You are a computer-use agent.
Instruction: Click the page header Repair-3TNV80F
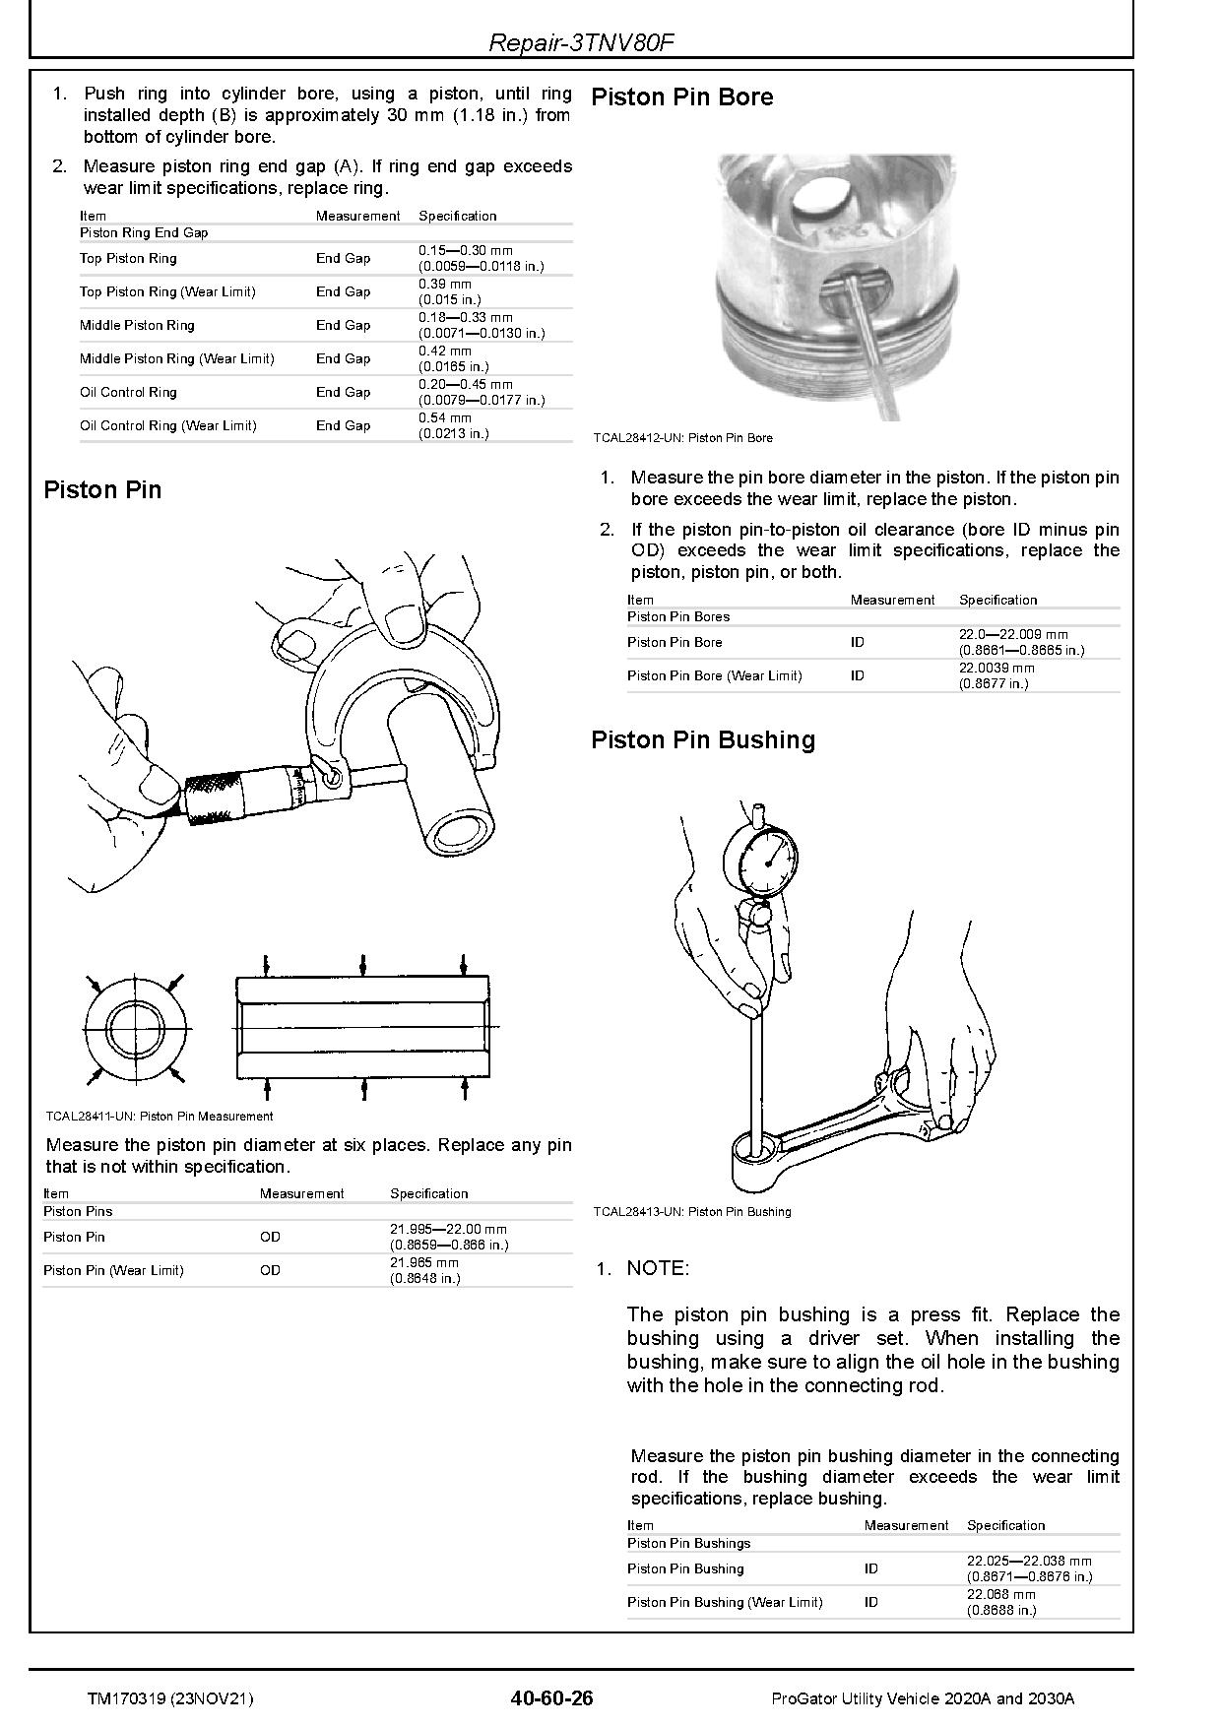pos(581,42)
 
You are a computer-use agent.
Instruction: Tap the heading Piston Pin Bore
pos(681,96)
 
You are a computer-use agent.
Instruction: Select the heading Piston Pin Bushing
pos(702,739)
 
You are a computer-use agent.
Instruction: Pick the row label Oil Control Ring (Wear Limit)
pos(167,425)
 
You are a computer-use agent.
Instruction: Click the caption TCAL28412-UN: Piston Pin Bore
pos(682,438)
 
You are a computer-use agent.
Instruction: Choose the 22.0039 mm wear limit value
pos(996,668)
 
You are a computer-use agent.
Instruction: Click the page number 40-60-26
pos(552,1697)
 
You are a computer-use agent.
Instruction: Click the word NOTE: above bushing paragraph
pos(658,1268)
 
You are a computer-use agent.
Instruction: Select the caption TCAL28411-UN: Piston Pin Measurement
pos(159,1117)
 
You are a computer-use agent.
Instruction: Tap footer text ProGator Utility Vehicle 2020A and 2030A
pos(923,1698)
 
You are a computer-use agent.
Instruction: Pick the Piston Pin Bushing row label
pos(684,1568)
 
